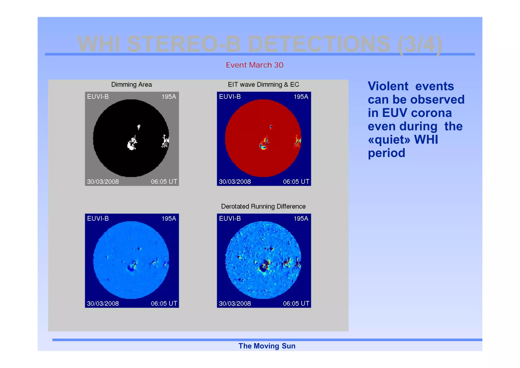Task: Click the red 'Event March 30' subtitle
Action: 254,65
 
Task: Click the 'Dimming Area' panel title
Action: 132,84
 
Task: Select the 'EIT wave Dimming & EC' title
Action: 263,84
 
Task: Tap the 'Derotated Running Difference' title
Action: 263,206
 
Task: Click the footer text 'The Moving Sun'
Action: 267,346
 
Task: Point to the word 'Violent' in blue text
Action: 388,86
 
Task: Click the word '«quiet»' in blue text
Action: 389,140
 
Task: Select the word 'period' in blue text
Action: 386,153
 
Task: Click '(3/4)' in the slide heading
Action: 420,44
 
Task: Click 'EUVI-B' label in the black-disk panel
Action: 98,97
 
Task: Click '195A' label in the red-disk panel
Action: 301,97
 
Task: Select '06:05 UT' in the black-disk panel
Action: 164,182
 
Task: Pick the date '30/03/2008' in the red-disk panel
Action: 235,182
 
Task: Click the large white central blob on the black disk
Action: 132,144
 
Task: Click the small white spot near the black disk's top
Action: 139,127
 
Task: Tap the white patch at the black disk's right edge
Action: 165,141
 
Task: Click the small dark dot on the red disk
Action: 271,127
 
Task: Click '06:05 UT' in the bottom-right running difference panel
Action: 296,303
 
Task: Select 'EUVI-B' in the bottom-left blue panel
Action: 98,219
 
